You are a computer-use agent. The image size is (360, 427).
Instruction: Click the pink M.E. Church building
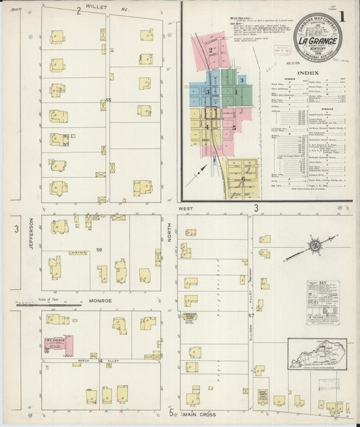59,345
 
